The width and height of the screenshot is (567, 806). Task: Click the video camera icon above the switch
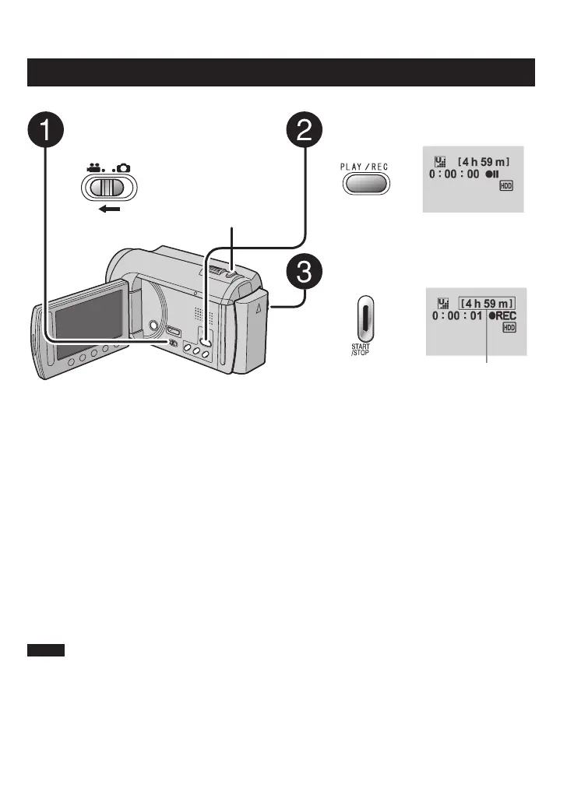click(97, 166)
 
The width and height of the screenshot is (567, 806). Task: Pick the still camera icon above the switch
click(125, 166)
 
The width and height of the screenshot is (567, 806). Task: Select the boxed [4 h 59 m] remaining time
click(487, 301)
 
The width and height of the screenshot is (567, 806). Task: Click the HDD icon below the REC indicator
click(509, 329)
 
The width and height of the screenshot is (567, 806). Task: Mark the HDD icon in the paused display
click(507, 190)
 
